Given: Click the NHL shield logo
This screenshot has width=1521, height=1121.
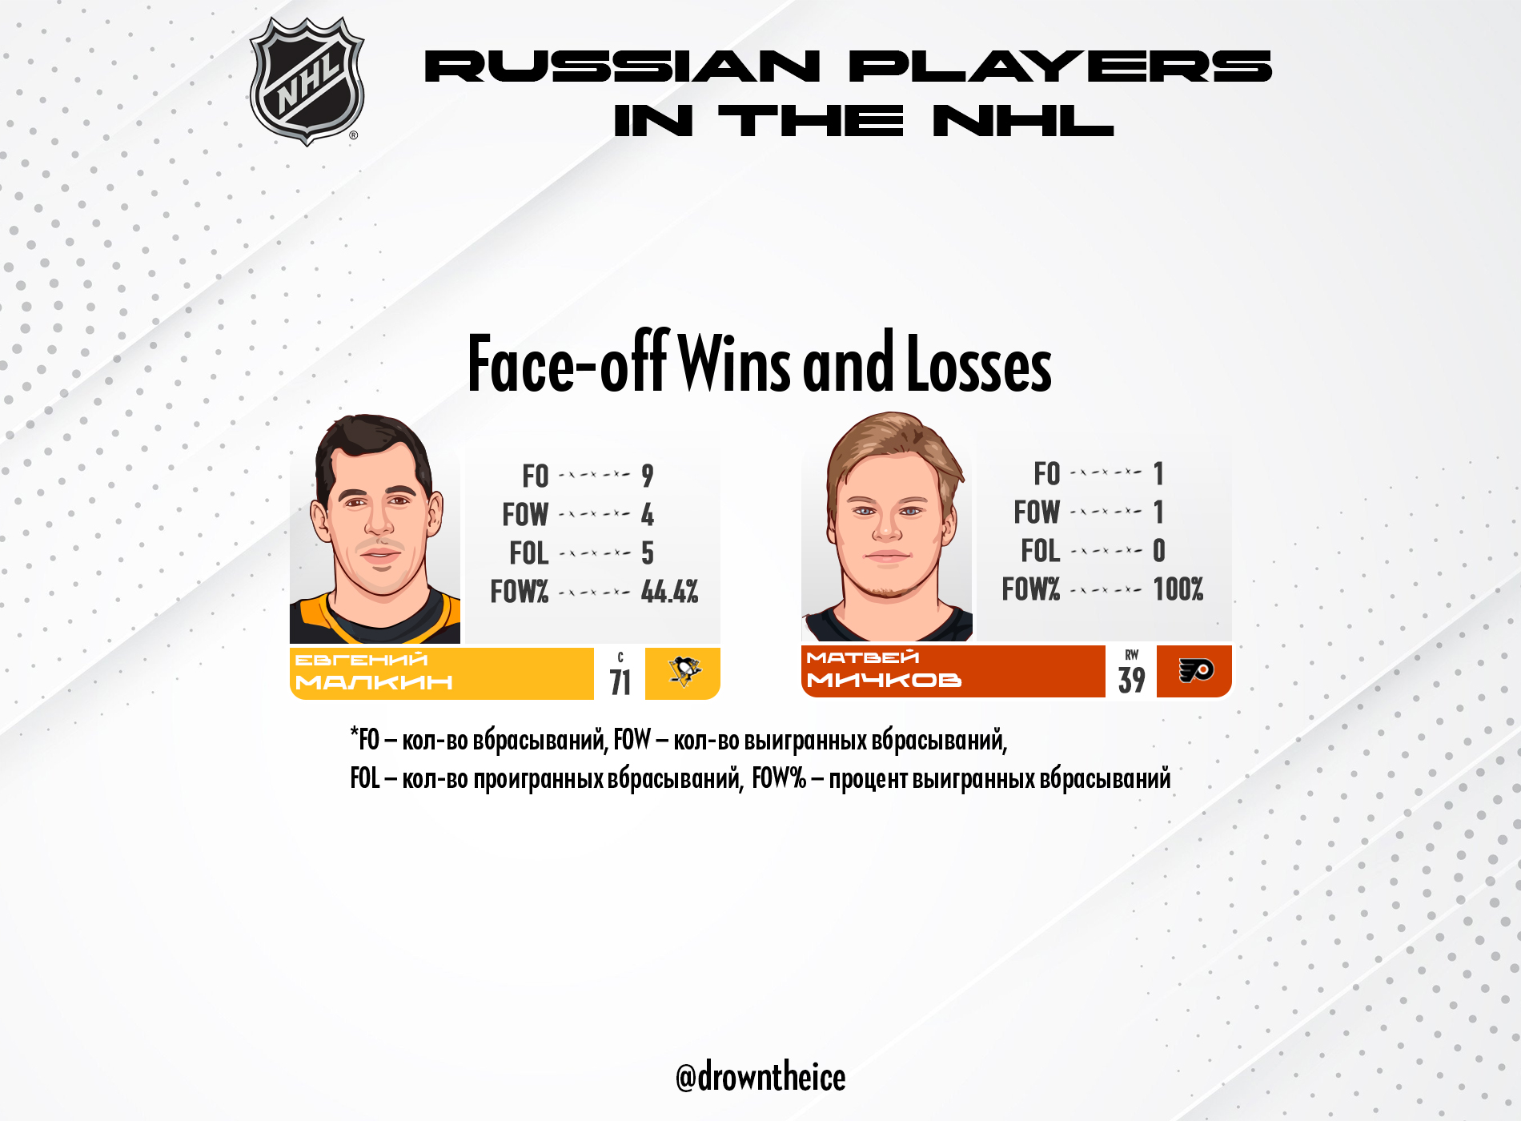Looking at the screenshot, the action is pyautogui.click(x=307, y=82).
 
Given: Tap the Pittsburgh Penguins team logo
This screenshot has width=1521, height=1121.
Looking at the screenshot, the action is pyautogui.click(x=684, y=672).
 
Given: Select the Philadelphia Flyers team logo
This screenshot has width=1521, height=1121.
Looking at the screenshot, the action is pyautogui.click(x=1196, y=670).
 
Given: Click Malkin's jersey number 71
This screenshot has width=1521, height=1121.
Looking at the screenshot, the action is pyautogui.click(x=620, y=682).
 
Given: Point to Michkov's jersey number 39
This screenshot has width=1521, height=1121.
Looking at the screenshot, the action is pyautogui.click(x=1131, y=680).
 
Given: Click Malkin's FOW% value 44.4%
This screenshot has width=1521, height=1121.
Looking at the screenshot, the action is pyautogui.click(x=669, y=592).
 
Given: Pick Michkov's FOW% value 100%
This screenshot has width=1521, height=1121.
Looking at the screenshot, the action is pyautogui.click(x=1178, y=589).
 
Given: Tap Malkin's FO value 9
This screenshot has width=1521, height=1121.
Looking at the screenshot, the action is pyautogui.click(x=648, y=476).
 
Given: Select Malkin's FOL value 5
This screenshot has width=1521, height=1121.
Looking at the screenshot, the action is pyautogui.click(x=648, y=553).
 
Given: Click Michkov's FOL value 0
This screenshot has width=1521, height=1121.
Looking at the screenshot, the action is pyautogui.click(x=1159, y=551).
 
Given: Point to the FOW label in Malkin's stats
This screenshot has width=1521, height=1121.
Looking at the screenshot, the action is pyautogui.click(x=525, y=515).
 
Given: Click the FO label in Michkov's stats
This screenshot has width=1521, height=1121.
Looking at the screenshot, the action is pyautogui.click(x=1047, y=474).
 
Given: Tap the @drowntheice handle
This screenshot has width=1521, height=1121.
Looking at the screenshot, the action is pyautogui.click(x=760, y=1077).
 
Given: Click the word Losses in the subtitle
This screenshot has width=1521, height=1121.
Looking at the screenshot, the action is pyautogui.click(x=979, y=364).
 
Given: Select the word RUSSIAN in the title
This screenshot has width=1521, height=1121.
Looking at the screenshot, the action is pyautogui.click(x=622, y=66).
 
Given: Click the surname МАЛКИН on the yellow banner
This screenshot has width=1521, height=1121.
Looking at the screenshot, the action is pyautogui.click(x=374, y=682).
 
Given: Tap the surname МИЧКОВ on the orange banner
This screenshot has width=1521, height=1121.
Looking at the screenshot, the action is pyautogui.click(x=884, y=680).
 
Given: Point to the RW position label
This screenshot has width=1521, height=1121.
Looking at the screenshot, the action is pyautogui.click(x=1132, y=655).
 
